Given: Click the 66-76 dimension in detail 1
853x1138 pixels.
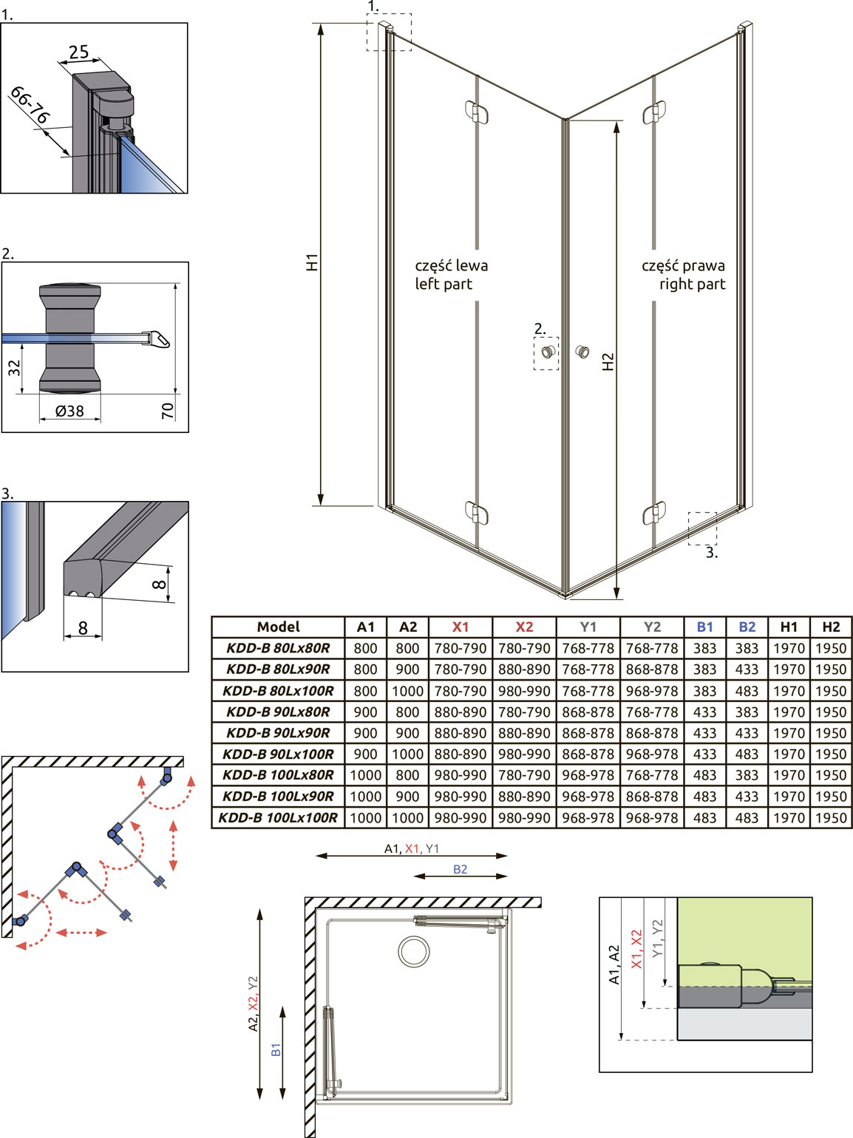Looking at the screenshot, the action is pos(30,105).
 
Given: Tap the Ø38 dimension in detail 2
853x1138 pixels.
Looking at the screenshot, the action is pos(69,411).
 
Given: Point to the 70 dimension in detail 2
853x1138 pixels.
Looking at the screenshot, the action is pos(168,411).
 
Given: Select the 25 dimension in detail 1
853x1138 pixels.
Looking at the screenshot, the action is pos(79,52).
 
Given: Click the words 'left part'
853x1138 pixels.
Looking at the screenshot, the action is pos(444,284).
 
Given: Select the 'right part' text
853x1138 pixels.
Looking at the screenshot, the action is pos(693,284).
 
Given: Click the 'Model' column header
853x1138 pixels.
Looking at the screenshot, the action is pos(279,627).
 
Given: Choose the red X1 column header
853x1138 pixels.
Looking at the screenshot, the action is pos(461,627).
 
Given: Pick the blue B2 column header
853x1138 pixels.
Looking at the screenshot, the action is pos(747,627).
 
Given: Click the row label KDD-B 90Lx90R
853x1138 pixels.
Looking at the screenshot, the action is pos(279,732).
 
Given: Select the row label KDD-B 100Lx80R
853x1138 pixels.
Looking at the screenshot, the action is pos(279,775).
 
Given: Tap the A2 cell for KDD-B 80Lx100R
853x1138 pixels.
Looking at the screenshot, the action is pos(407,691).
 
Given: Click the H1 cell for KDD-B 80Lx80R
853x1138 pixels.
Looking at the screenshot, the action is pos(789,648).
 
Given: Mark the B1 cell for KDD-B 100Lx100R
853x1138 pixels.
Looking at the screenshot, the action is pos(704,817).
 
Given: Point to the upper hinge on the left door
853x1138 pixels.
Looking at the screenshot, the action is pos(477,112).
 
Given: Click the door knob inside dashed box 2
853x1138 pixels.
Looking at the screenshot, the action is pos(547,352).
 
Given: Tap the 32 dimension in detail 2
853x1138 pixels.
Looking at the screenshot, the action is pos(15,367).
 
